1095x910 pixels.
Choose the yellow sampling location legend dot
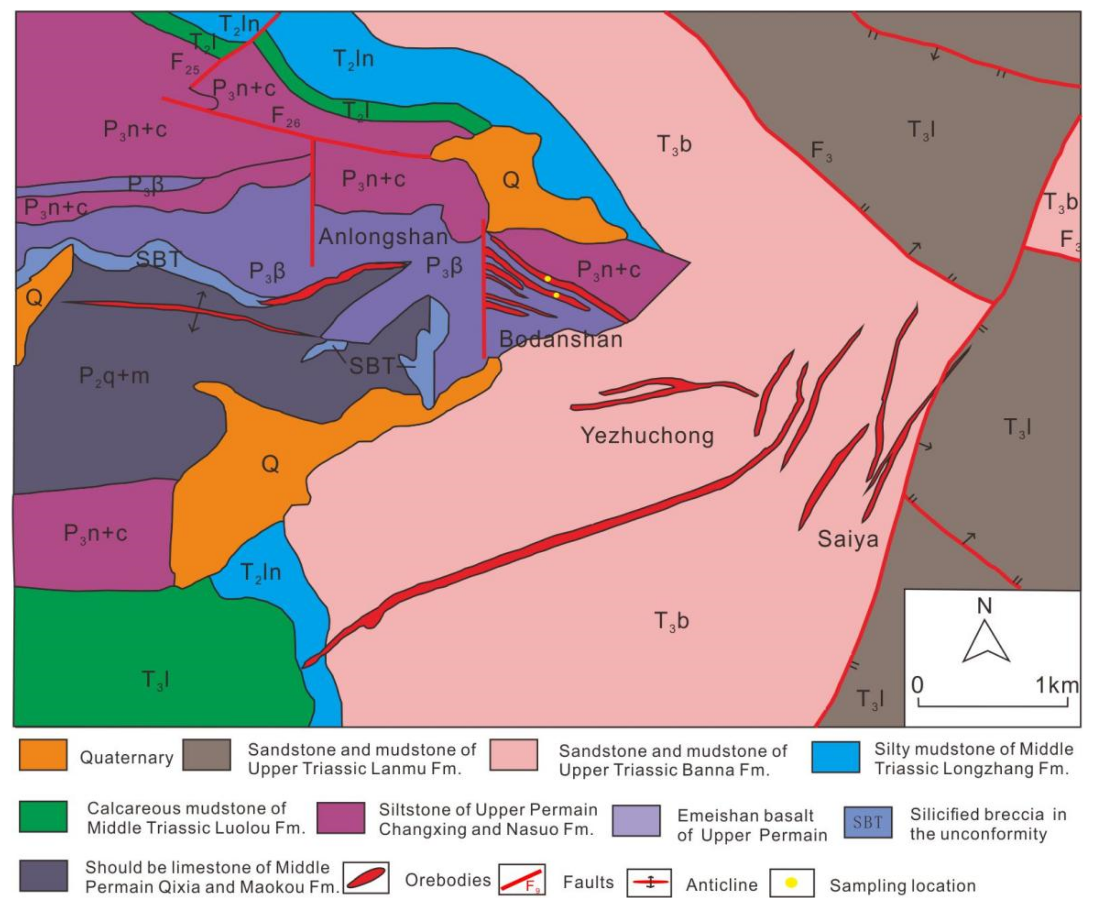(791, 883)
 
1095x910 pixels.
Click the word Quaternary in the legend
(126, 758)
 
